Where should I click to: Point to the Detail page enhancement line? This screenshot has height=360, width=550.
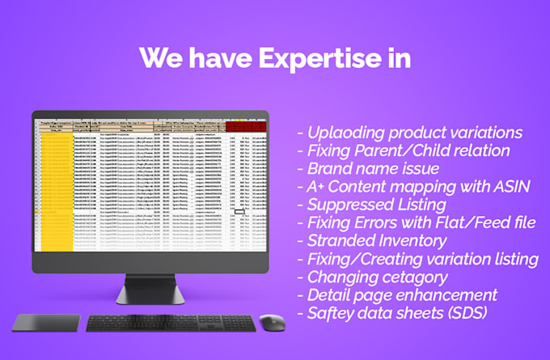click(402, 294)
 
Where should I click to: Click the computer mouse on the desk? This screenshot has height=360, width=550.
click(272, 323)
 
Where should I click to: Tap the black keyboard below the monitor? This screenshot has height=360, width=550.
click(171, 323)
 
